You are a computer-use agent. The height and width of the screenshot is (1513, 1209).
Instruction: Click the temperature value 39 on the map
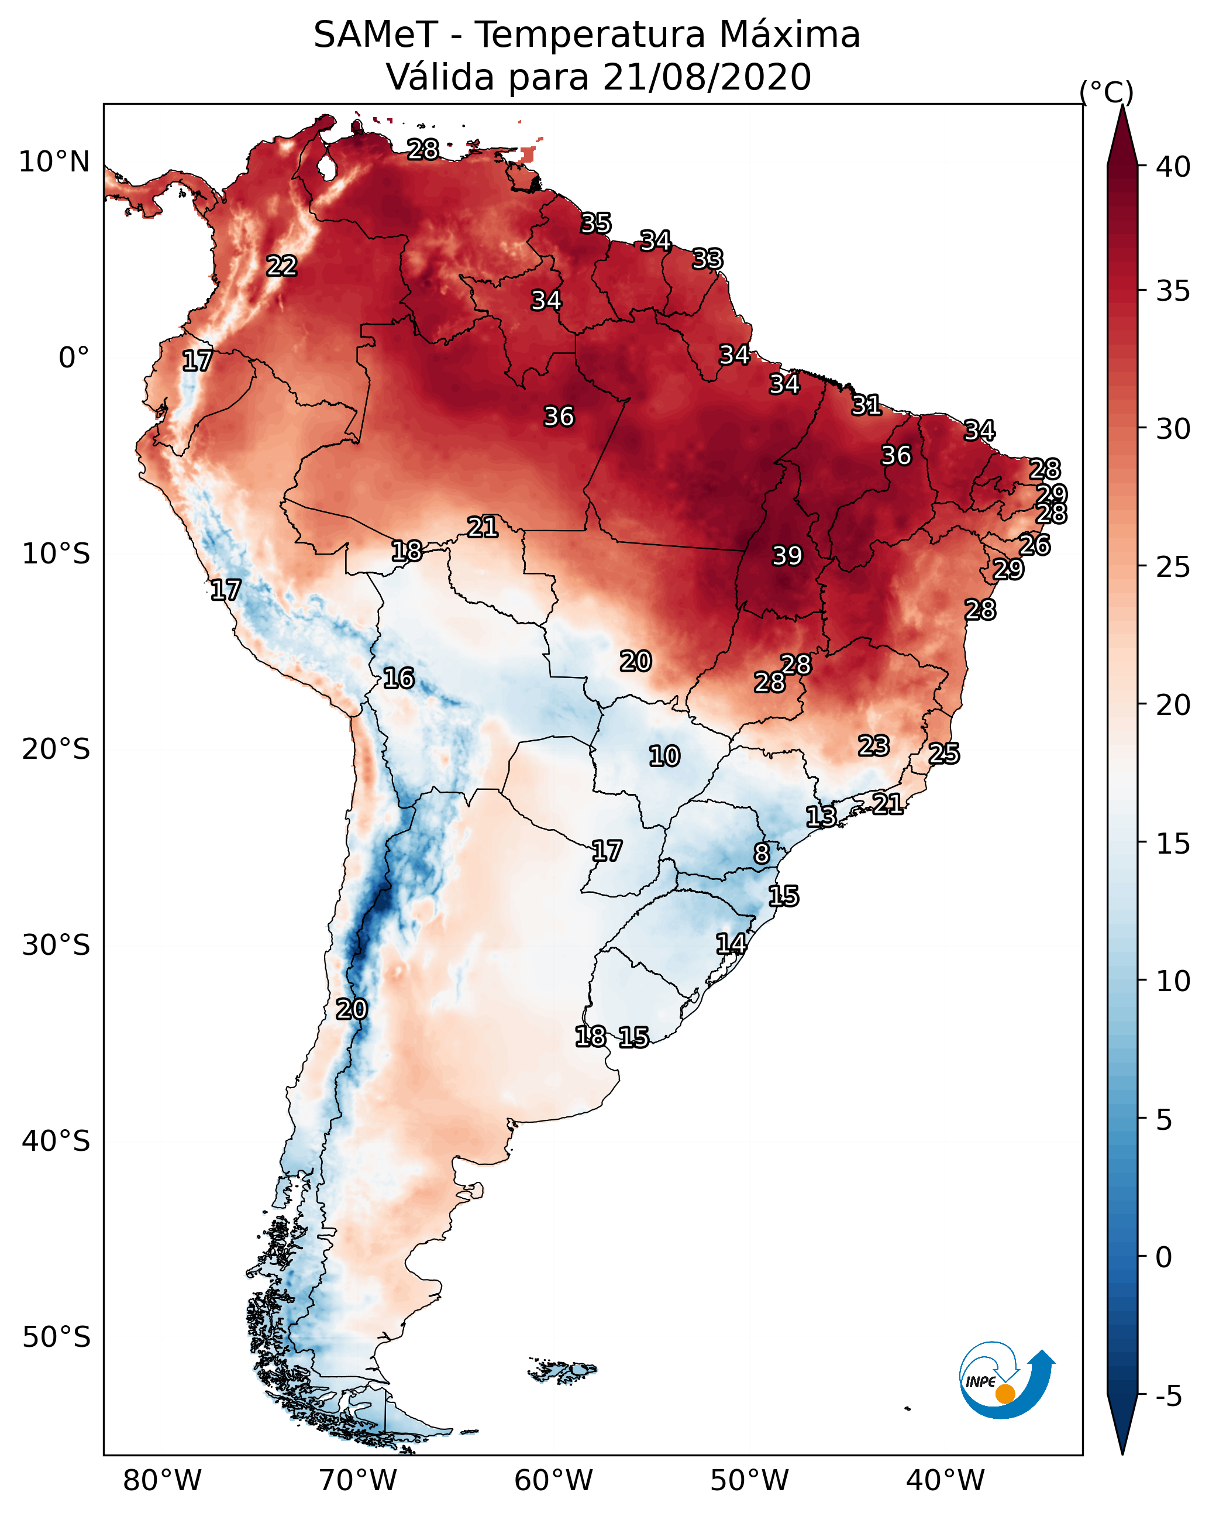(787, 556)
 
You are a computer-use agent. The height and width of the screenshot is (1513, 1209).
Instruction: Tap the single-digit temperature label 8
(762, 854)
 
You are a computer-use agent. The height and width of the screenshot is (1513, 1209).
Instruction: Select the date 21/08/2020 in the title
(707, 77)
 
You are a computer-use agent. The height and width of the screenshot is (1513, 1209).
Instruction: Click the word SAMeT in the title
(376, 35)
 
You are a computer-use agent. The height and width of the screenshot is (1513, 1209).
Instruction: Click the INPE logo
(1005, 1383)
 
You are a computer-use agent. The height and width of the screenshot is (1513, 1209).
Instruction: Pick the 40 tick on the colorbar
(1173, 167)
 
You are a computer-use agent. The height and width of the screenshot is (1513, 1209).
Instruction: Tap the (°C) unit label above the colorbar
(1107, 92)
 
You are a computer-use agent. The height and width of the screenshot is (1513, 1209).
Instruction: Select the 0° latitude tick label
(74, 358)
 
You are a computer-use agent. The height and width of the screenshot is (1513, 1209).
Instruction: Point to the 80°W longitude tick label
(162, 1481)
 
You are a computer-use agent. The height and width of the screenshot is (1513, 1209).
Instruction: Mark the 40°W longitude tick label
(945, 1481)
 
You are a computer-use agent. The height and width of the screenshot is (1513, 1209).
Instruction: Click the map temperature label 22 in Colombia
(281, 266)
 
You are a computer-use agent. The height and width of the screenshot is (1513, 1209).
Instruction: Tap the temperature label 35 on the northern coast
(596, 223)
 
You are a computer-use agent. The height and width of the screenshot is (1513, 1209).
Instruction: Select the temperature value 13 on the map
(820, 816)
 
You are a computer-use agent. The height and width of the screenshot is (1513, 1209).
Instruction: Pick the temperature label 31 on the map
(866, 405)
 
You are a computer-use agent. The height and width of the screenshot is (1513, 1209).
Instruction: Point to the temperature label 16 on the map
(398, 678)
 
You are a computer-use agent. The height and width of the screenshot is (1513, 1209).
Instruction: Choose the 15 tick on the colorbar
(1173, 844)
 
